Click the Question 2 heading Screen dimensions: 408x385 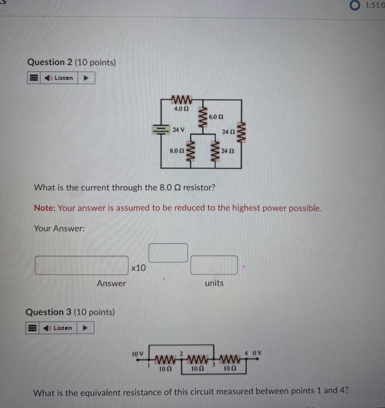pyautogui.click(x=71, y=62)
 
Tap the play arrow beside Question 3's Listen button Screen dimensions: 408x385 pyautogui.click(x=85, y=328)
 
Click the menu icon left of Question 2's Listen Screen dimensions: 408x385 pyautogui.click(x=34, y=78)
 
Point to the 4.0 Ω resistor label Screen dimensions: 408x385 pyautogui.click(x=181, y=108)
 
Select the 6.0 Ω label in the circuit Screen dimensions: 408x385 pyautogui.click(x=216, y=116)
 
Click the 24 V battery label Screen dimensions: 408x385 pyautogui.click(x=178, y=130)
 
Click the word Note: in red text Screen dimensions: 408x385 pyautogui.click(x=45, y=208)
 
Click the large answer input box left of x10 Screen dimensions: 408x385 pyautogui.click(x=82, y=266)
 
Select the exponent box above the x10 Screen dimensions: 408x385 pyautogui.click(x=168, y=252)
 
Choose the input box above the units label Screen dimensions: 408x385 pyautogui.click(x=214, y=265)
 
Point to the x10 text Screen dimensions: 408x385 pyautogui.click(x=138, y=268)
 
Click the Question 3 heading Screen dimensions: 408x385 pyautogui.click(x=70, y=312)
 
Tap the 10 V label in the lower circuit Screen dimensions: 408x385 pyautogui.click(x=137, y=354)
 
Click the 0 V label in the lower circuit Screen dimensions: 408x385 pyautogui.click(x=257, y=353)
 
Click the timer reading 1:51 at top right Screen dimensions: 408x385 pyautogui.click(x=374, y=5)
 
